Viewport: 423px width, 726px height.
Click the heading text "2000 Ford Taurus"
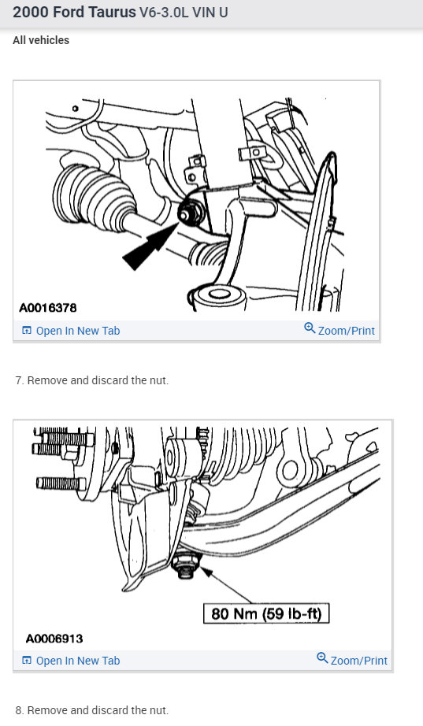click(74, 13)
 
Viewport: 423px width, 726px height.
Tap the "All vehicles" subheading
click(41, 40)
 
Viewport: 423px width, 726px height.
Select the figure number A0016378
click(48, 307)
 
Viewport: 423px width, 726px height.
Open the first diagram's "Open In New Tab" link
click(77, 331)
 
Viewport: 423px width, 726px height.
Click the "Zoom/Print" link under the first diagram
click(346, 331)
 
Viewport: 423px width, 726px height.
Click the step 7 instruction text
click(92, 380)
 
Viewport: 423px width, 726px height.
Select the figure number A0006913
click(54, 638)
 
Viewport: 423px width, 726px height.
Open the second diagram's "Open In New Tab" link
click(77, 661)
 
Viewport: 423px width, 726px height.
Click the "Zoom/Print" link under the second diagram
click(358, 661)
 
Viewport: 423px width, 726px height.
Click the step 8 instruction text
click(92, 710)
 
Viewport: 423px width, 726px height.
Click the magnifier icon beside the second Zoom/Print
click(322, 659)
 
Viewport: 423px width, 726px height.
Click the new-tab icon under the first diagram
click(27, 331)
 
